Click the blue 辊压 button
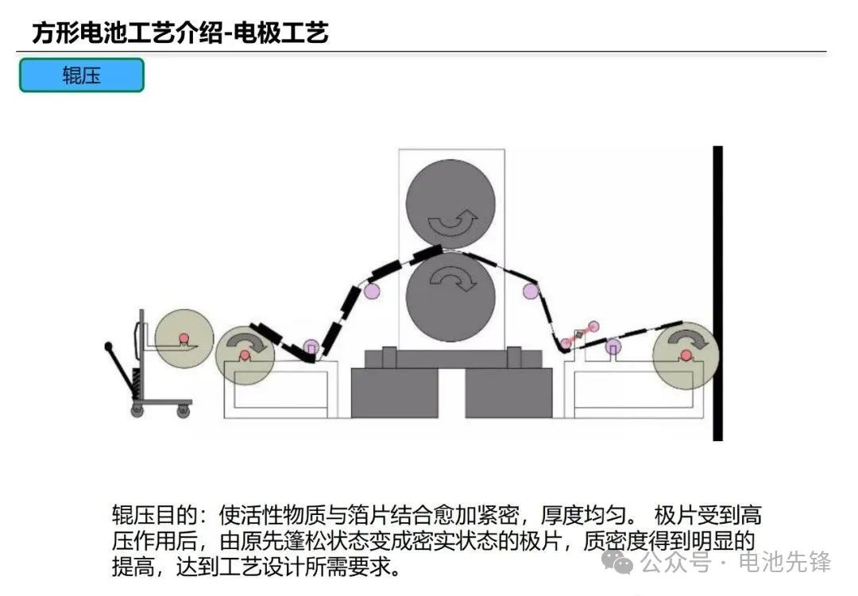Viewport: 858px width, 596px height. [x=82, y=75]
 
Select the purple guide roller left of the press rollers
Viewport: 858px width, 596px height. [x=372, y=290]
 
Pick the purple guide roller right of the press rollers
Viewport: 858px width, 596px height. [x=530, y=291]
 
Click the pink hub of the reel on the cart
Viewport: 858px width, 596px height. [x=184, y=338]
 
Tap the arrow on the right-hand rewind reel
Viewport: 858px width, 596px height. [x=687, y=339]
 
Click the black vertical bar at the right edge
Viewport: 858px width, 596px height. [x=717, y=293]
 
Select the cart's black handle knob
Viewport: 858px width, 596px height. [x=108, y=346]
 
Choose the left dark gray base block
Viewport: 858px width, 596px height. [x=395, y=393]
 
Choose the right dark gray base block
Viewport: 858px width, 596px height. [x=509, y=393]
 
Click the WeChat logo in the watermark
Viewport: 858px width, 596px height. [x=617, y=562]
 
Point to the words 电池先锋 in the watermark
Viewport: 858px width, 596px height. [x=785, y=562]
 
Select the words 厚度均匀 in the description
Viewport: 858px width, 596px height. [x=583, y=515]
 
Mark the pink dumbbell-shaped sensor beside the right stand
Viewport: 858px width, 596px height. [x=579, y=335]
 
